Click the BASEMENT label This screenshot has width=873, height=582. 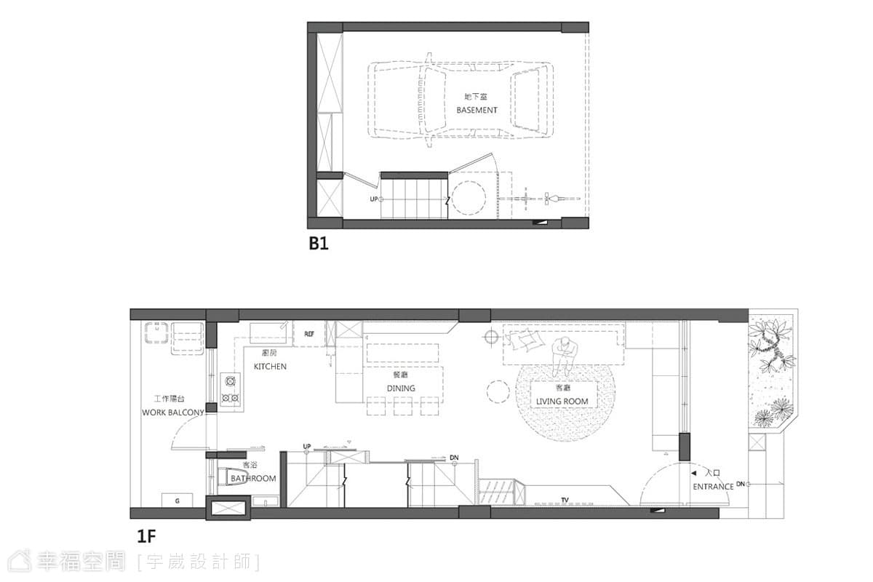(477, 111)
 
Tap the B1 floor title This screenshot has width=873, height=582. (319, 244)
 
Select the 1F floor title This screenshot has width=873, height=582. (146, 536)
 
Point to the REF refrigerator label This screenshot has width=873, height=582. (309, 334)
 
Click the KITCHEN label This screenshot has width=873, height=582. (270, 367)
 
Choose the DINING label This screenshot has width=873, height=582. (401, 388)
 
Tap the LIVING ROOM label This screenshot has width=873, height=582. (562, 401)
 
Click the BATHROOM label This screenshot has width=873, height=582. (253, 478)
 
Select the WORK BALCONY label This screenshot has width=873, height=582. (173, 412)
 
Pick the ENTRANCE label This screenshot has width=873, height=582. (713, 487)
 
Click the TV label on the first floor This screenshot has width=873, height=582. (565, 500)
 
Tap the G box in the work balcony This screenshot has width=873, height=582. (178, 500)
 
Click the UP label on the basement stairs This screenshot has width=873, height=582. (374, 199)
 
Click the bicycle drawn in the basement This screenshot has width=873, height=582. (540, 199)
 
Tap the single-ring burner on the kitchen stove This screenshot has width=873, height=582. (230, 380)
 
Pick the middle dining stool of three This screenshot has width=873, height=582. (403, 406)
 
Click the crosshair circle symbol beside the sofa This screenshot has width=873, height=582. (491, 336)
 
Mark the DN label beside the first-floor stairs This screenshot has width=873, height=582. (454, 458)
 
